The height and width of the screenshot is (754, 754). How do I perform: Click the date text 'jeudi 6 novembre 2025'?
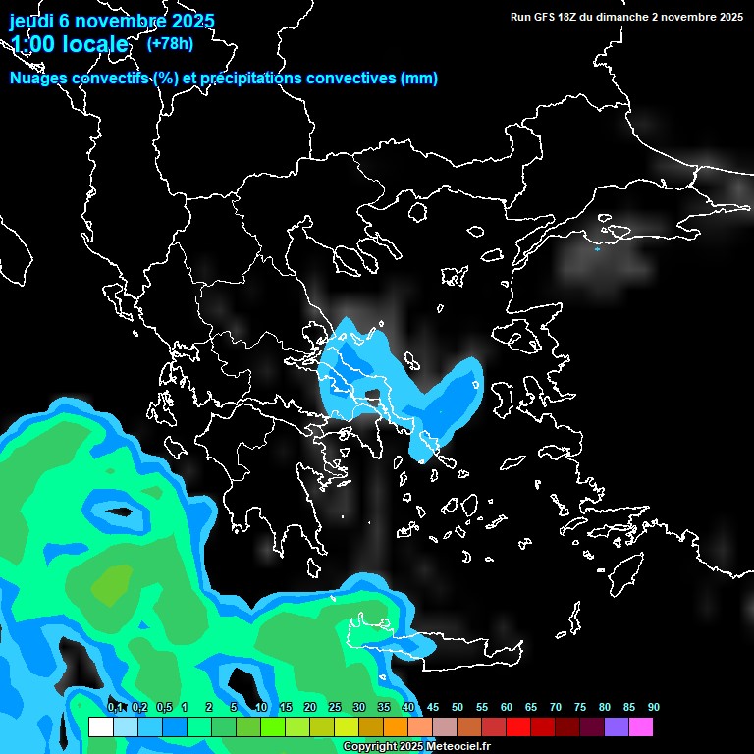coord(112,21)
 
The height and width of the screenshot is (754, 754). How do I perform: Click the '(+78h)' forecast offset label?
coord(170,43)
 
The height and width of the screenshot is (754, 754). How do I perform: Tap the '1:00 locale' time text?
coord(70,44)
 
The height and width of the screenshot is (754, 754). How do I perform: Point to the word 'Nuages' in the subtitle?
coord(40,79)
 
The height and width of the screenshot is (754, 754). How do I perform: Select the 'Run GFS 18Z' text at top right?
coord(544,17)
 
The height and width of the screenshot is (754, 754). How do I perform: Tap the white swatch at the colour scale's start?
coord(100,727)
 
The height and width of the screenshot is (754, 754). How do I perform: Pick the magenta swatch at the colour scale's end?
coord(641,727)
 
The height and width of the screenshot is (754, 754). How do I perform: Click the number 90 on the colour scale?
coord(653,708)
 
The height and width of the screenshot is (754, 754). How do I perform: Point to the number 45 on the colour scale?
coord(433,708)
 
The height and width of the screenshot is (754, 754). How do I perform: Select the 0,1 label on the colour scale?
coord(115,708)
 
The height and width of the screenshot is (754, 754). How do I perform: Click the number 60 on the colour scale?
coord(507,708)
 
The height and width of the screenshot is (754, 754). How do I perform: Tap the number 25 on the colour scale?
coord(335,708)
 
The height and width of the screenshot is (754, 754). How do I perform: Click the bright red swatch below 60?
coord(518,727)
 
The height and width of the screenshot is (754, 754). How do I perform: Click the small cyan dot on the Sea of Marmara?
coord(597,249)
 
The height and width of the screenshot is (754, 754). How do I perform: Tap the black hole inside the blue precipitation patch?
coord(370,397)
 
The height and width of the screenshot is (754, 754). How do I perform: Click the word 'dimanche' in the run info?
coord(619,17)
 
